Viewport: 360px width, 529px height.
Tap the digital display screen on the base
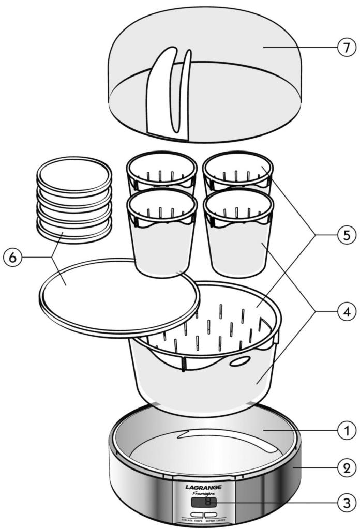click(203, 502)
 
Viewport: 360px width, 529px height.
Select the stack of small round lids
click(74, 197)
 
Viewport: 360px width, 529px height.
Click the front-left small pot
click(161, 235)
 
